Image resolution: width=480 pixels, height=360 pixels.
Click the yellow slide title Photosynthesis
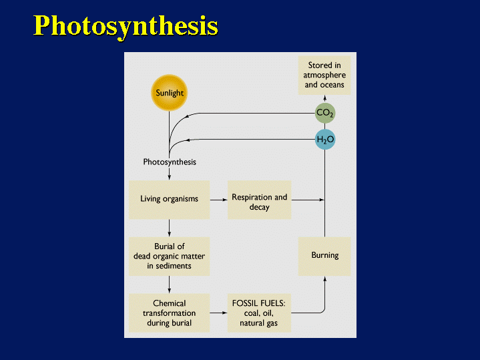[126, 25]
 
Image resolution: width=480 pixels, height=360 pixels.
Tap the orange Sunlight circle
[170, 93]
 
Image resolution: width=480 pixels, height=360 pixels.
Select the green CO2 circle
[324, 113]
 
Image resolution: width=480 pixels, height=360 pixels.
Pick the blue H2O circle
[324, 140]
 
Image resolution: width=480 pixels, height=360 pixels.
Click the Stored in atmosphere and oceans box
[324, 75]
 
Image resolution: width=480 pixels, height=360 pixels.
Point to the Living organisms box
[169, 199]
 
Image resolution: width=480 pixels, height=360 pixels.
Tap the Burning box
[324, 256]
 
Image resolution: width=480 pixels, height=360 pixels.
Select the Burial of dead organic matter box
[169, 256]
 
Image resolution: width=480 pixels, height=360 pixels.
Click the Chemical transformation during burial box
[169, 313]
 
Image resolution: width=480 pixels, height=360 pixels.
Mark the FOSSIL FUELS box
[259, 313]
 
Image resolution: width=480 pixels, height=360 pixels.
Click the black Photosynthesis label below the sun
[170, 162]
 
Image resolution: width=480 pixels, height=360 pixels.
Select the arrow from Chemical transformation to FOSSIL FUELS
[218, 313]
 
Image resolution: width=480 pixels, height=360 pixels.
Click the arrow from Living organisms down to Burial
[170, 228]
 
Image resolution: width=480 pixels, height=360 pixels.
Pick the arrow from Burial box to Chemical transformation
[170, 285]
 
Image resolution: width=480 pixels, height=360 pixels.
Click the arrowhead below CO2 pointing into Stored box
[324, 98]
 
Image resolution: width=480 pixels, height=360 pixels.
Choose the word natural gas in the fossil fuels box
[259, 323]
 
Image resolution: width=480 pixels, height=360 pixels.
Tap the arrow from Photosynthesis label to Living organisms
[170, 174]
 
